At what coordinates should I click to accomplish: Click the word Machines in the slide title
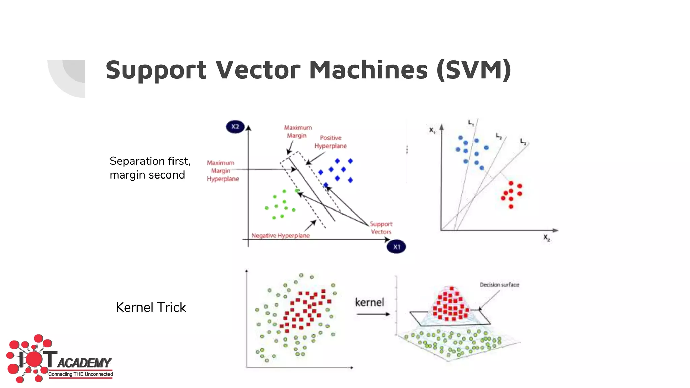tap(369, 70)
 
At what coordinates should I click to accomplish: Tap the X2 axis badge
tap(235, 127)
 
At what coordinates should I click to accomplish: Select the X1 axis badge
tap(396, 247)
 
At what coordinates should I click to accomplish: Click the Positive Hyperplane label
tap(331, 142)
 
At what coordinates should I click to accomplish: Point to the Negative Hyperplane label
tap(280, 236)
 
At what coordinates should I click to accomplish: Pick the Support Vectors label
tap(381, 228)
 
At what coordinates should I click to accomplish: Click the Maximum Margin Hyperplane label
tap(222, 171)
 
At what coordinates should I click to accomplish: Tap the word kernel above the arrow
tap(370, 302)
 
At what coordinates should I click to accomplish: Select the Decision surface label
tap(499, 285)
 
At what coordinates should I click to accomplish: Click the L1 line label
tap(471, 123)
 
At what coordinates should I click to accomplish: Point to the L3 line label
tap(523, 141)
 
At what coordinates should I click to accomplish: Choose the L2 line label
tap(499, 136)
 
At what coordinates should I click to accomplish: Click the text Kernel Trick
tap(151, 307)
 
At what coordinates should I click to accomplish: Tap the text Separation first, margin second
tap(150, 168)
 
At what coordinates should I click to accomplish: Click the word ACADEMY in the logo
tap(84, 363)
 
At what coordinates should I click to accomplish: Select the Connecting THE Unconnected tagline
tap(80, 374)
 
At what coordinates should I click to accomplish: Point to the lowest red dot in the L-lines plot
tap(511, 206)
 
